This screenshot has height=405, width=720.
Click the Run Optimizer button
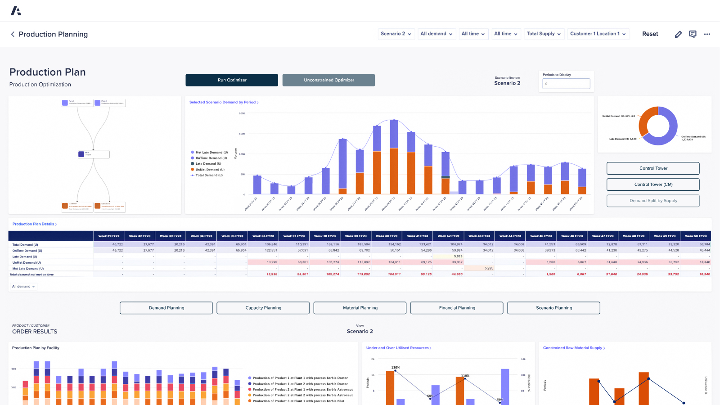pos(232,80)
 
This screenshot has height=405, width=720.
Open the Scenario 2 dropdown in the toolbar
pos(396,34)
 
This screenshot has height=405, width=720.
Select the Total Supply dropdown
pos(544,34)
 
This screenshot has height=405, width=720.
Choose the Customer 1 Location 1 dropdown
pos(598,34)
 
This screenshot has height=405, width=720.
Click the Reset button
pos(650,34)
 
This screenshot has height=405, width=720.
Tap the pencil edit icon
pos(678,34)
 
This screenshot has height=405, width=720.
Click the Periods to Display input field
pos(566,84)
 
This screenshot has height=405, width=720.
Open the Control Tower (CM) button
pos(653,184)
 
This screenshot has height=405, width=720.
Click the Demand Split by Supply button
pos(653,201)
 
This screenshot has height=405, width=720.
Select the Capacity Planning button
pos(263,308)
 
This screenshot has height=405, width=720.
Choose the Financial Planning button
pos(457,308)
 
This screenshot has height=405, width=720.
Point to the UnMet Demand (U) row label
pos(27,262)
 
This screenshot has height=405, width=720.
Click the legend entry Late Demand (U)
pos(208,164)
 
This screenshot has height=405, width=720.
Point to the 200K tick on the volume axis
pos(242,113)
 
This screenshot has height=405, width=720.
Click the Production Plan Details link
pos(34,224)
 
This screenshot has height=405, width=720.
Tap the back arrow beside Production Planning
pos(13,34)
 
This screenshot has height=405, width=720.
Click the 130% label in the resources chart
pos(396,368)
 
